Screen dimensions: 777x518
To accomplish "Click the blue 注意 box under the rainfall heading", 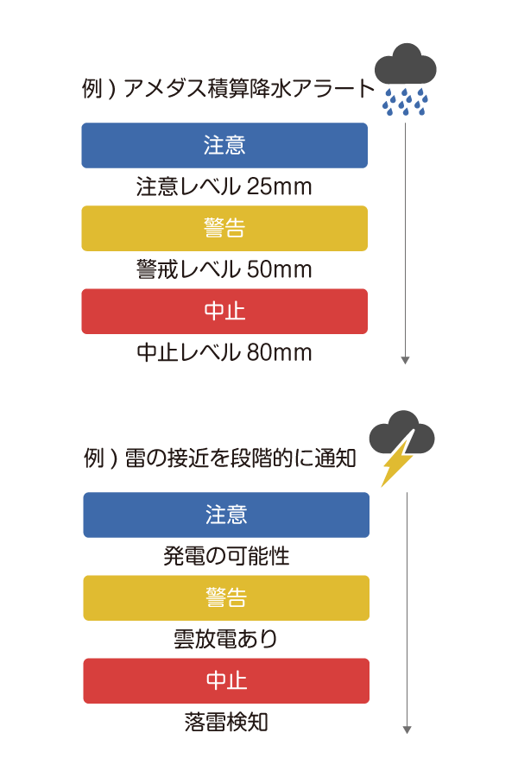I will (224, 145).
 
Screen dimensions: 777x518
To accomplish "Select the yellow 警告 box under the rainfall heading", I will (224, 228).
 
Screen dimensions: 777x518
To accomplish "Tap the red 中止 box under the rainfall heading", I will (224, 311).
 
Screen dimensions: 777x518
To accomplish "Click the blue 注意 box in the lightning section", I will (226, 515).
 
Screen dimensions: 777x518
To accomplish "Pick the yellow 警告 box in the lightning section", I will (226, 597).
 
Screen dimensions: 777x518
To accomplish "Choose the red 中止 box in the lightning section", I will (226, 680).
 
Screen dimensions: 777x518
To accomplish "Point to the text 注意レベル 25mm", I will (224, 187).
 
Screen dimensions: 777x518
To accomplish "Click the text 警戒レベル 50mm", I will (224, 270).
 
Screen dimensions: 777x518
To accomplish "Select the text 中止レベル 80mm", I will (224, 353).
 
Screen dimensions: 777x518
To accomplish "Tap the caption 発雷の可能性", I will (226, 557).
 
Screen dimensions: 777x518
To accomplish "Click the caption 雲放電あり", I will (226, 640).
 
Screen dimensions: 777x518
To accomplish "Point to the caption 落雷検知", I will (226, 723).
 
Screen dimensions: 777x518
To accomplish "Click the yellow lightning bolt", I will (397, 463).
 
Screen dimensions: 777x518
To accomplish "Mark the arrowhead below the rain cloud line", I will (405, 360).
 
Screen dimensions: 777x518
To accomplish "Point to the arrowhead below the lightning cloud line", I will (407, 730).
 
